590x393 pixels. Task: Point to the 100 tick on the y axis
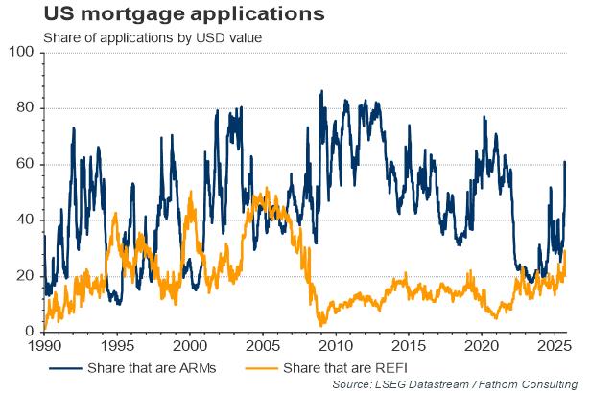(x=22, y=52)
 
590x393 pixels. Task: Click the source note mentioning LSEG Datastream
(x=458, y=384)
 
